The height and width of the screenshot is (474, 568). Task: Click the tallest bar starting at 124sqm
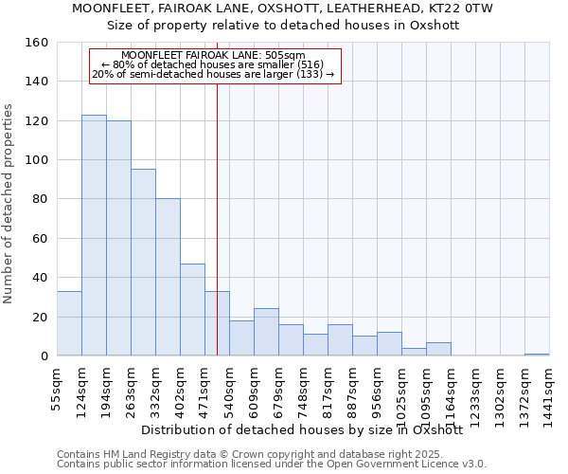(x=94, y=235)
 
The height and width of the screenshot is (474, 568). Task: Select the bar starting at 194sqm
(x=118, y=238)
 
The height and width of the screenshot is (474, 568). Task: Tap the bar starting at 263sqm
(x=143, y=263)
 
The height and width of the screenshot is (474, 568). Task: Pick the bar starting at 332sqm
(x=168, y=277)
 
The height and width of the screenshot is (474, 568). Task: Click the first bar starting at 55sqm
(x=69, y=323)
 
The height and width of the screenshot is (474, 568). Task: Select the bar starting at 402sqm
(x=192, y=309)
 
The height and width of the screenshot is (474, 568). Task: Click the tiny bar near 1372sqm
(x=537, y=355)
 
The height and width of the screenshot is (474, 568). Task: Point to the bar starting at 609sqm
(x=266, y=332)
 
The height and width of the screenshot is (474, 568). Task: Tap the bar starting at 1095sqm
(x=438, y=349)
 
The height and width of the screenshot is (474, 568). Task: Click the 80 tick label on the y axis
(x=40, y=199)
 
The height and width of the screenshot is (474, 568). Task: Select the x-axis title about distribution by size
(x=302, y=429)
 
